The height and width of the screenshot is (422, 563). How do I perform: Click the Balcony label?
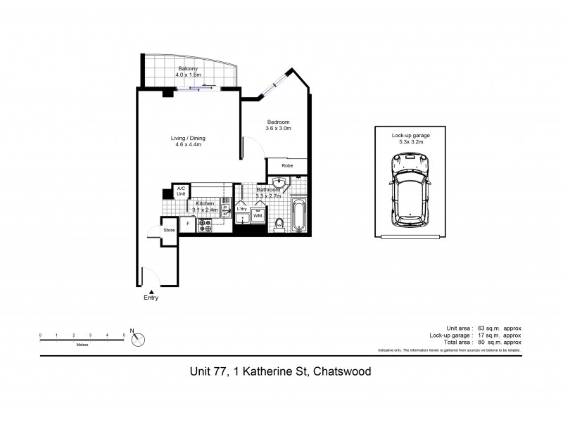[x=188, y=68]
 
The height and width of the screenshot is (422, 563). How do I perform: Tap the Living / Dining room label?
[x=188, y=138]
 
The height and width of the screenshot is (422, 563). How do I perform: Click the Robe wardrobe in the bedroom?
[x=286, y=166]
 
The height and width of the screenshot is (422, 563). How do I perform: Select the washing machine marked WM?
[x=258, y=215]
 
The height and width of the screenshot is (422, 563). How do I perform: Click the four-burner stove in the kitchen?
[x=207, y=224]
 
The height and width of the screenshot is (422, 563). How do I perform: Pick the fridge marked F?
[x=187, y=224]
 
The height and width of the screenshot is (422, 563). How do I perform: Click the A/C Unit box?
[x=181, y=191]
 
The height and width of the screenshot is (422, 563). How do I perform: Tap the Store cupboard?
[x=169, y=231]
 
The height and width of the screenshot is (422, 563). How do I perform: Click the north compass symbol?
[x=139, y=339]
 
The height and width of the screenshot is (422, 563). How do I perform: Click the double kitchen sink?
[x=226, y=206]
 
